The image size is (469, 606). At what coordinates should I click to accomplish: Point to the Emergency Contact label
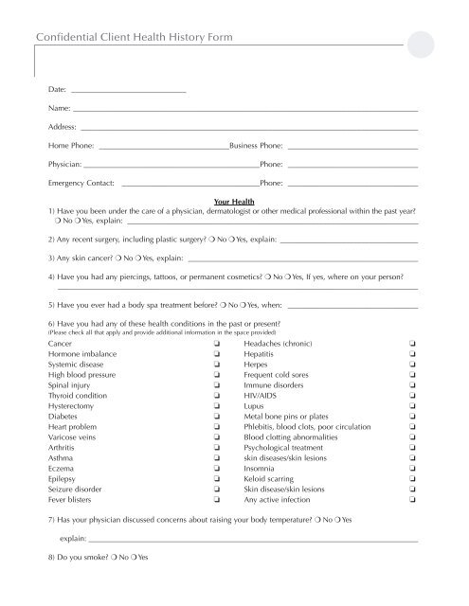[81, 182]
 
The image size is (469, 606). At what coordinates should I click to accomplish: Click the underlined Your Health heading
[235, 202]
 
